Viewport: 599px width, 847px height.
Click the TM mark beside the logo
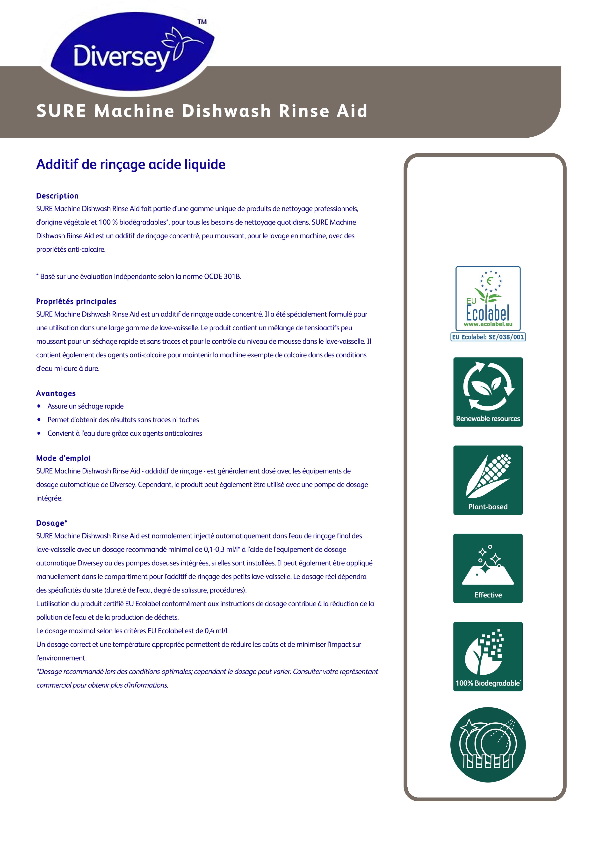click(202, 22)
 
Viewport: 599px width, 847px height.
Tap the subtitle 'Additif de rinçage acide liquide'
click(131, 164)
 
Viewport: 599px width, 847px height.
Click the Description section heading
click(57, 196)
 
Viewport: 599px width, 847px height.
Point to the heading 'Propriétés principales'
click(76, 301)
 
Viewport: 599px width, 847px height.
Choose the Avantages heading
click(56, 393)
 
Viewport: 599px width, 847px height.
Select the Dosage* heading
click(52, 523)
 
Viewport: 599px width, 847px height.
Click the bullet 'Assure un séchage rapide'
click(85, 406)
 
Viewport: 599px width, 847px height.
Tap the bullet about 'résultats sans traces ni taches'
click(123, 420)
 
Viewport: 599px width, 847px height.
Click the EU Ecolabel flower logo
click(488, 298)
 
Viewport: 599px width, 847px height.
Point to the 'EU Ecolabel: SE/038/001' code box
click(488, 337)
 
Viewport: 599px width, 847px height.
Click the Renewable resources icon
click(488, 392)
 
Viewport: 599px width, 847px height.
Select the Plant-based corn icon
click(488, 480)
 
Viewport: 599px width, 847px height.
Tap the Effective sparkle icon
click(488, 568)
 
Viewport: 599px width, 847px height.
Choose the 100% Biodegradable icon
click(488, 656)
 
